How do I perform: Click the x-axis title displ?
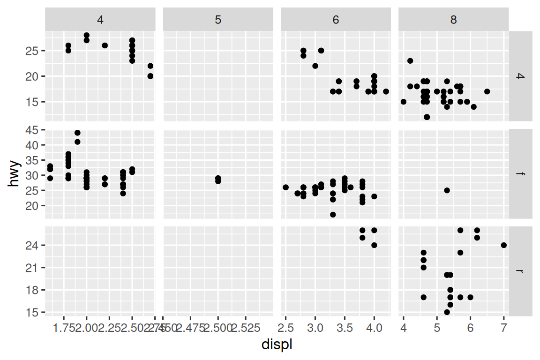[x=277, y=345]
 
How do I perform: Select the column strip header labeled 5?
[x=217, y=20]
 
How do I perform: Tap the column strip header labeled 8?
[x=453, y=20]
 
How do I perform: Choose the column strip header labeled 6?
[x=336, y=20]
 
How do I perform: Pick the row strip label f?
[x=520, y=174]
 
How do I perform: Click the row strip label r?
[x=520, y=271]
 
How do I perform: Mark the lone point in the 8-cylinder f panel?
[x=447, y=190]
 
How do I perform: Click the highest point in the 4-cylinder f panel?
[x=77, y=133]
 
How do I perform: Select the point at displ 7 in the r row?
[x=504, y=245]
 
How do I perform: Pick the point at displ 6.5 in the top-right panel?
[x=487, y=91]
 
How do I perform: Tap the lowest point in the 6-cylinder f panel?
[x=333, y=215]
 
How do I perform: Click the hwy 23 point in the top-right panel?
[x=410, y=60]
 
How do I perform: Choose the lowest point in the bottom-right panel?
[x=447, y=312]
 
